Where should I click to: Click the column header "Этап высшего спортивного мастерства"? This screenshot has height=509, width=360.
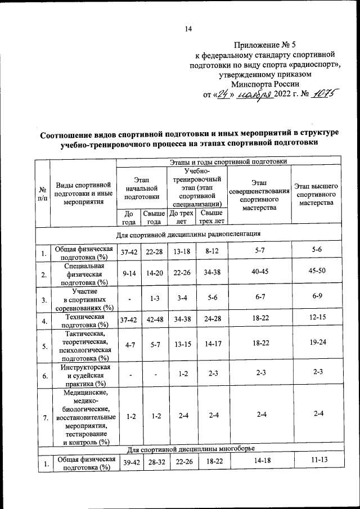(x=316, y=193)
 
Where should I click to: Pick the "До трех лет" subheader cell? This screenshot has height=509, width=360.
(x=182, y=217)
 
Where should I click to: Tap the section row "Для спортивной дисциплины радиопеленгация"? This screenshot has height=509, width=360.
(x=188, y=233)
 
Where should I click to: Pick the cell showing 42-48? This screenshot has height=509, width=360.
(x=154, y=321)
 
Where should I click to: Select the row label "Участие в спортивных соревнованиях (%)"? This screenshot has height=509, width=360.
(x=85, y=299)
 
